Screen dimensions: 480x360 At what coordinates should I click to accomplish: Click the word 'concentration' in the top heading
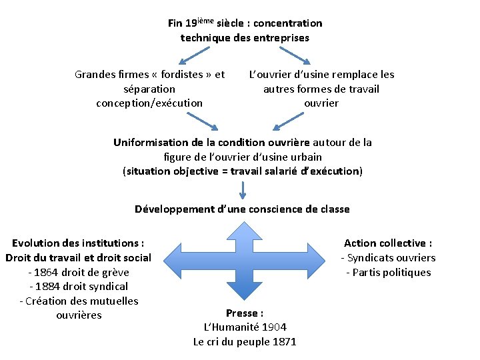click(290, 23)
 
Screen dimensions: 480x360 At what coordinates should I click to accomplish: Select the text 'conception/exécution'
click(149, 103)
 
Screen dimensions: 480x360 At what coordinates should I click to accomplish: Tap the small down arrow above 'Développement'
click(242, 191)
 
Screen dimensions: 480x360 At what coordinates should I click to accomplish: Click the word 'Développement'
click(175, 209)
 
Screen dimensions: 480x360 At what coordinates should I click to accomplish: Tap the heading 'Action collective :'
click(388, 243)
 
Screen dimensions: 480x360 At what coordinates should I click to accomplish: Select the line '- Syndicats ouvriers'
click(388, 258)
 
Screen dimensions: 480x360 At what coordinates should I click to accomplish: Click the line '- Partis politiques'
click(388, 272)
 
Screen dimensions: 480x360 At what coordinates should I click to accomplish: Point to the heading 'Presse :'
click(245, 313)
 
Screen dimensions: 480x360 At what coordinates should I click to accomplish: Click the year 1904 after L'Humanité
click(274, 327)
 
